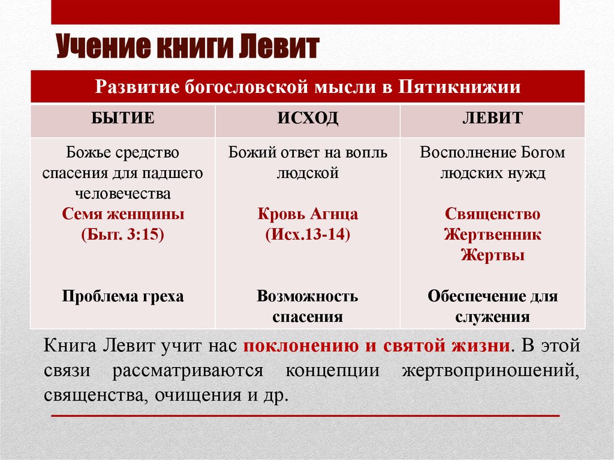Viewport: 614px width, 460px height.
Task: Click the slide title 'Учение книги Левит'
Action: point(188,47)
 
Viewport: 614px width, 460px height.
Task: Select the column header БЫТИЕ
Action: point(123,118)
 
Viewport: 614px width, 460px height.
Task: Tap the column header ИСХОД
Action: point(308,118)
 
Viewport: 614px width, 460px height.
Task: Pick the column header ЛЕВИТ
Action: point(492,118)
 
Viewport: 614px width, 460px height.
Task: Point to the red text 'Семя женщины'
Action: point(123,214)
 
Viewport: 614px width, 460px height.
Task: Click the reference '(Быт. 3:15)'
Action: point(123,234)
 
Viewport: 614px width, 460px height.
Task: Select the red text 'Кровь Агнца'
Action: point(308,214)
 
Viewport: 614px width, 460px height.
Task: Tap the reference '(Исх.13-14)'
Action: point(308,234)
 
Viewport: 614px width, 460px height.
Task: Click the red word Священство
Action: point(492,214)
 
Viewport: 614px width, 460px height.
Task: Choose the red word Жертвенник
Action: point(492,234)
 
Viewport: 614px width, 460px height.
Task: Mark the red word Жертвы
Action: point(492,255)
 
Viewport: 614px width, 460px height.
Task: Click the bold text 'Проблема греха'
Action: point(123,296)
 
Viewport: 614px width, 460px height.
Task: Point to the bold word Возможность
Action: point(308,296)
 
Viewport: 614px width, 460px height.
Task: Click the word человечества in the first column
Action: point(123,194)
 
